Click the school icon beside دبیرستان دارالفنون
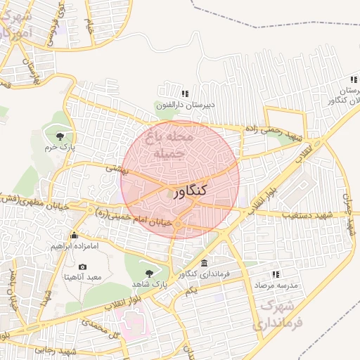tap(185, 93)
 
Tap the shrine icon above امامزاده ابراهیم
tap(74, 236)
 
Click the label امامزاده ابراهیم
tap(74, 247)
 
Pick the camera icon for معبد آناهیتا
tap(83, 267)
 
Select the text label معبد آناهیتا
tap(83, 278)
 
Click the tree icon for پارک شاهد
tap(148, 272)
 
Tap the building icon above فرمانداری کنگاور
tap(204, 263)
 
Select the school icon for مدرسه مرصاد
tap(276, 274)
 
